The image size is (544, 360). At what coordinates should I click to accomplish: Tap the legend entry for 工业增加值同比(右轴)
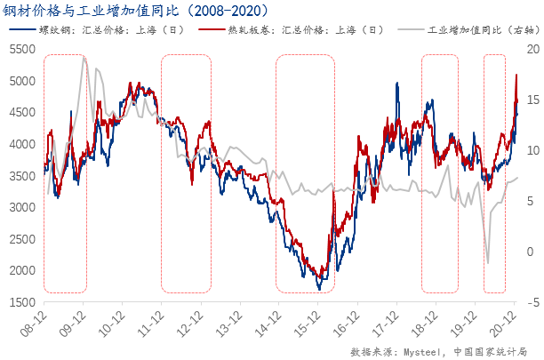click(470, 29)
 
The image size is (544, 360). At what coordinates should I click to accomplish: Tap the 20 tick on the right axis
click(530, 49)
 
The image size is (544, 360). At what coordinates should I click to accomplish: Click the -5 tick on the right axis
click(530, 302)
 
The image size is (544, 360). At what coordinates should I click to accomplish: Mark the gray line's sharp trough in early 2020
click(487, 263)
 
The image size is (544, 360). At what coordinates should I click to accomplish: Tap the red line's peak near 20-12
click(516, 76)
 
